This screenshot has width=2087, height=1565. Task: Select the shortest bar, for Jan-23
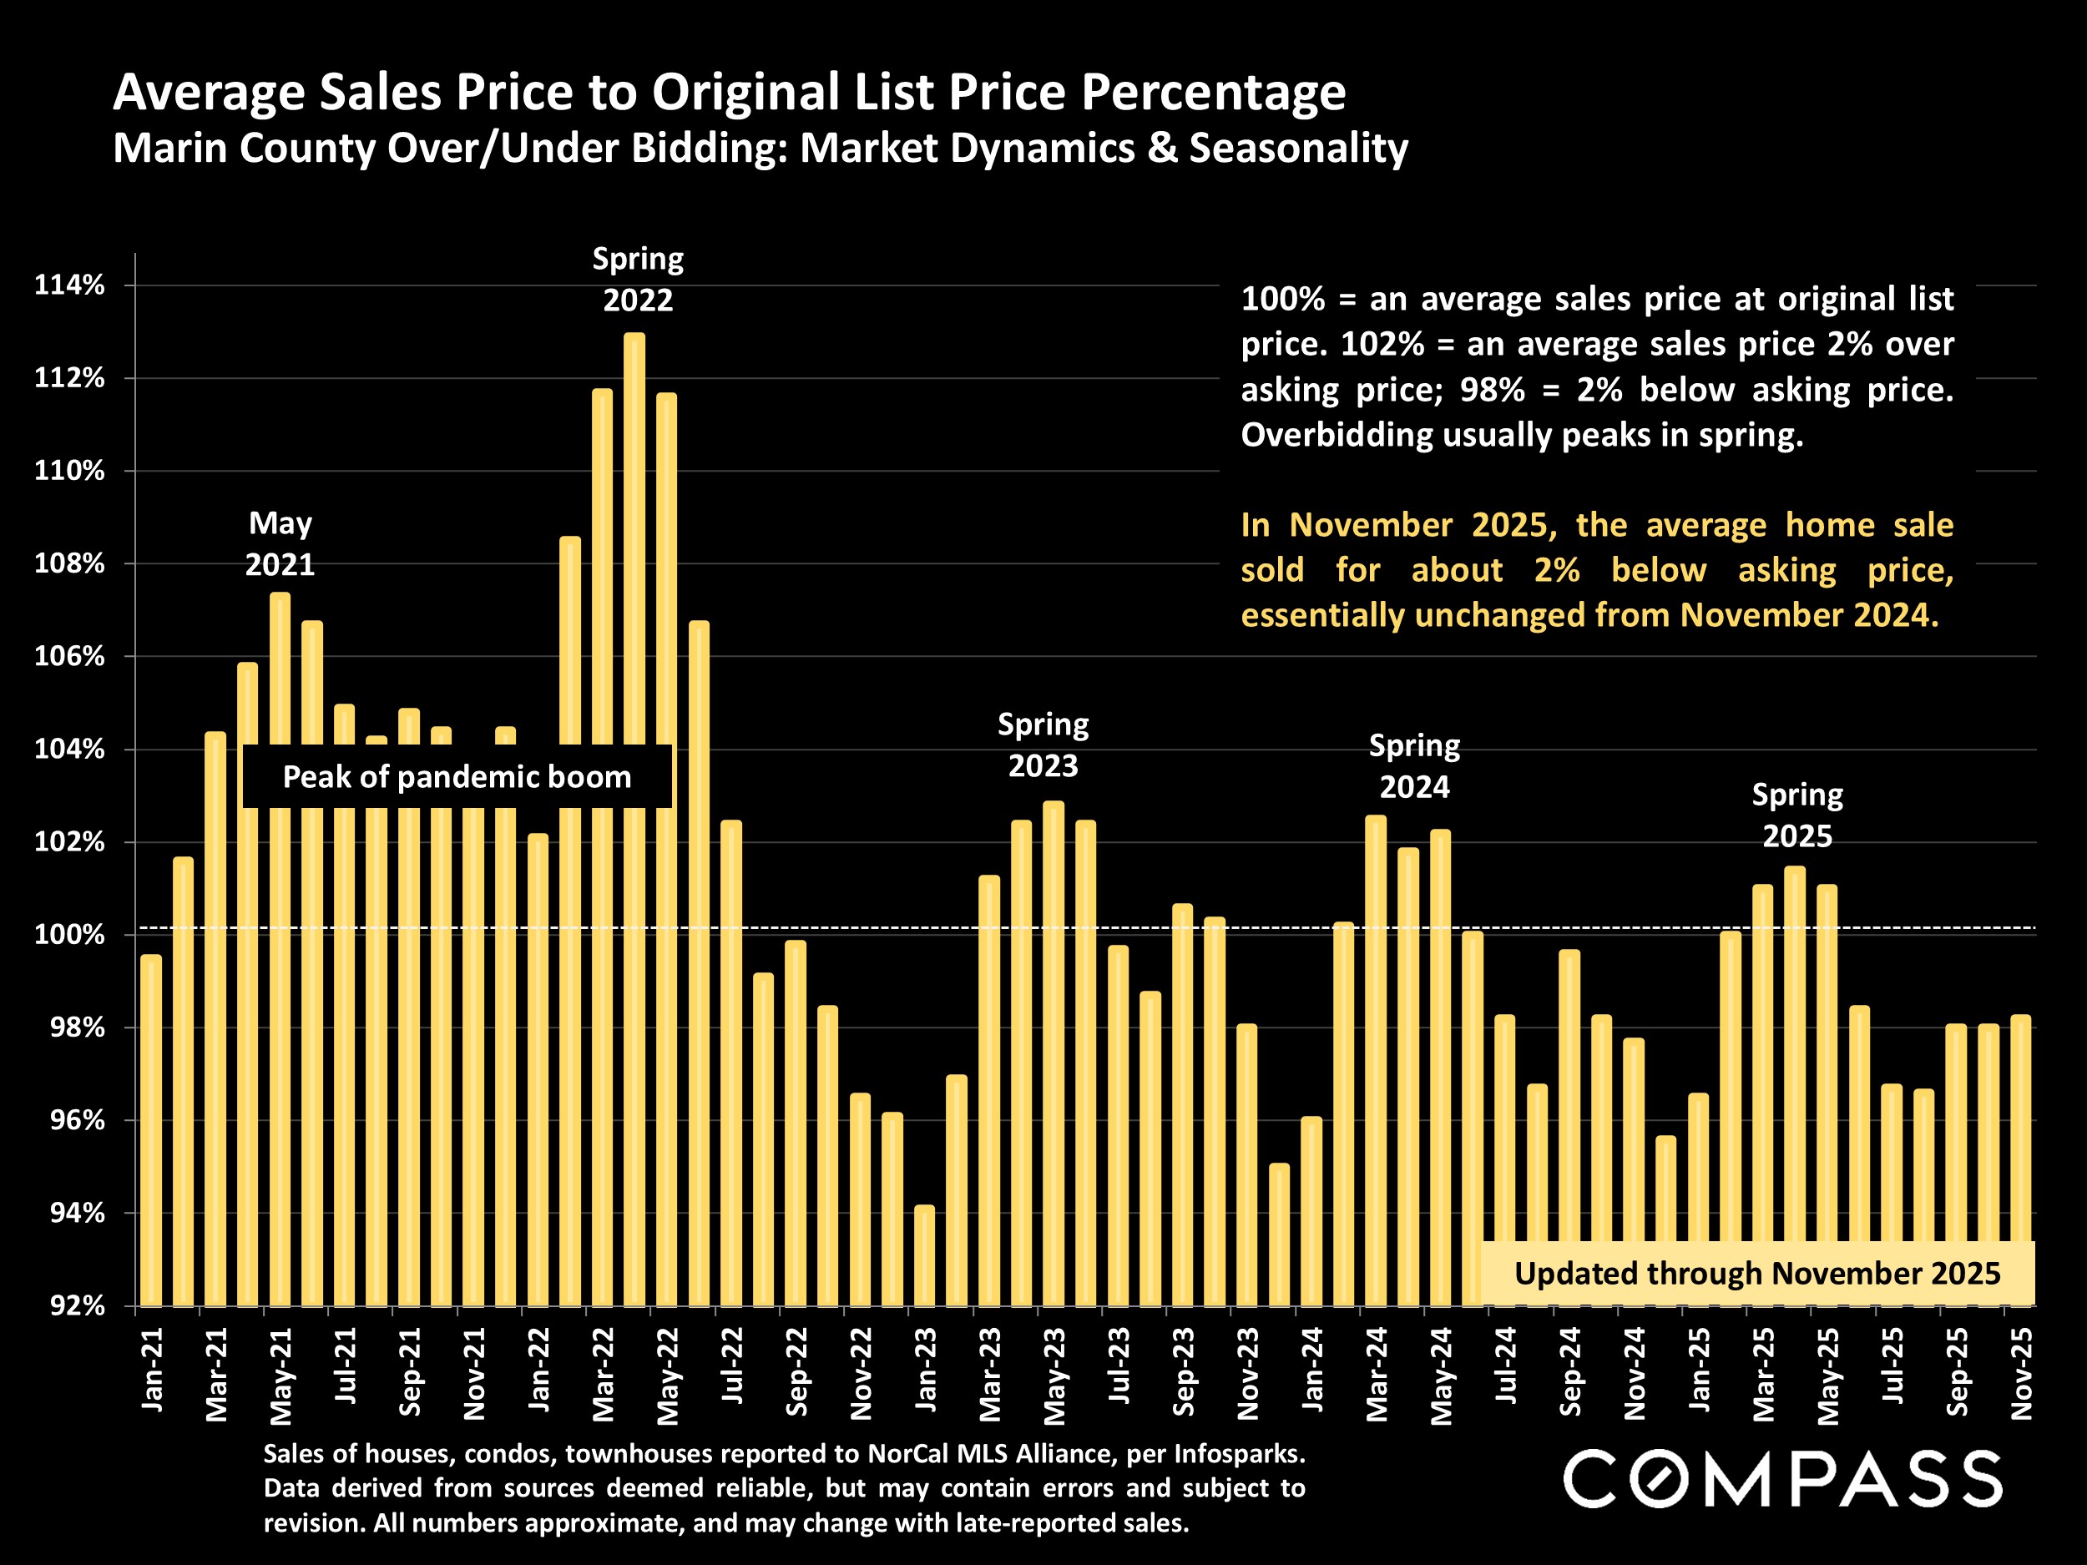coord(925,1255)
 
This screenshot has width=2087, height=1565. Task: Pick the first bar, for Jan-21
coord(151,1132)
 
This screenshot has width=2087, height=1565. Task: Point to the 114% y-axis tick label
coord(69,285)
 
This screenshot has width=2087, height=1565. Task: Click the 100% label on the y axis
coord(69,935)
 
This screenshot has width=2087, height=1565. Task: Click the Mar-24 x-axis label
coord(1377,1374)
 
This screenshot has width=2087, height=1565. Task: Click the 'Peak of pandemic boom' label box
coord(457,776)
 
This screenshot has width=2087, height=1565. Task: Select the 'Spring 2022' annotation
coord(638,280)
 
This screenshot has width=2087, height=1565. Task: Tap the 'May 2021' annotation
coord(280,543)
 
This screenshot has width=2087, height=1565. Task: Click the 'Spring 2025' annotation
coord(1796,815)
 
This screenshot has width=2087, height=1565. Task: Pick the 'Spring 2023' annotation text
coord(1043,745)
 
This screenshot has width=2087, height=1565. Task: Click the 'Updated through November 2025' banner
coord(1756,1274)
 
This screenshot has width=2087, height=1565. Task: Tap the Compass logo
coord(1783,1478)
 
